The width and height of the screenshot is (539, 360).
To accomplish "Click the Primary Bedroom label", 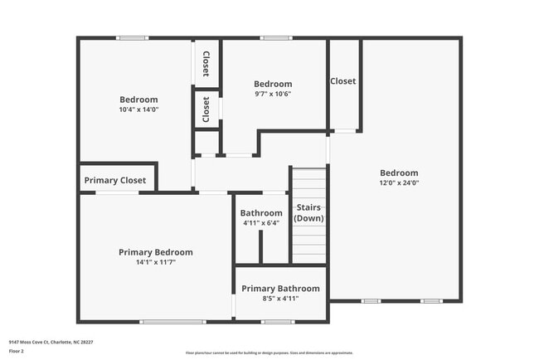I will coord(155,252).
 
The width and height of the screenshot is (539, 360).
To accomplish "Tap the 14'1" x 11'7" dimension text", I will coord(155,262).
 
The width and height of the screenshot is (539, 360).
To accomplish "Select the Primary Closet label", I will coord(115,180).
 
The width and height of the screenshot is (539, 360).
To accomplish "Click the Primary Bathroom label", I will coord(280,289).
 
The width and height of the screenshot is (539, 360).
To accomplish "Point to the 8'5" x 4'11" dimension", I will coord(280,299).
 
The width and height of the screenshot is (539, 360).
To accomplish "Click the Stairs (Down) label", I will coord(308,213).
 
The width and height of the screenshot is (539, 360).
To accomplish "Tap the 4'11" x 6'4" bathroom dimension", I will coord(261,223).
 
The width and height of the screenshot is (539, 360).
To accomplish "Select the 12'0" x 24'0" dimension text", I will coord(399,182).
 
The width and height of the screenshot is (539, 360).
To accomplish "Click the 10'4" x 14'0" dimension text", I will coord(138,109).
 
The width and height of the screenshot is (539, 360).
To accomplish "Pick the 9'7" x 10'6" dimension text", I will coord(273,94).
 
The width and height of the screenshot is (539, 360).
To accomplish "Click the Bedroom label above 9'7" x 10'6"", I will coord(273,84).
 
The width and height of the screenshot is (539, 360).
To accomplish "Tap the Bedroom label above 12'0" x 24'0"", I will coord(399,173).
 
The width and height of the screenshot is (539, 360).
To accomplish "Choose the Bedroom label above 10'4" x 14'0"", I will coord(138,100).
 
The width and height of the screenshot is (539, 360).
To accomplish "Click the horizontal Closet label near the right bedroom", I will coord(343,81).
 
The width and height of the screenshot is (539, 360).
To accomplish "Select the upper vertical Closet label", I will coord(206,64).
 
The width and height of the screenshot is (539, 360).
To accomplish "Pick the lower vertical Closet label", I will coord(206,109).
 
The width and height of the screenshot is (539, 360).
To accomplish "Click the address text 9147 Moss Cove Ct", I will coord(51,342).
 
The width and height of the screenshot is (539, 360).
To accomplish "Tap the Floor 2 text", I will coord(17,351).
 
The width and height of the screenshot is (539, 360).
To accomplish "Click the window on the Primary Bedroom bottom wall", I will coord(172,322).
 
